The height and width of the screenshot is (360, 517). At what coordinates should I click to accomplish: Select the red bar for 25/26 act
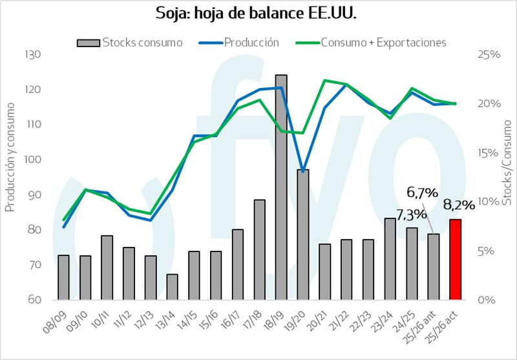click(x=455, y=260)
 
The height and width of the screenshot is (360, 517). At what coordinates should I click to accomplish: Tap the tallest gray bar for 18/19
click(x=281, y=187)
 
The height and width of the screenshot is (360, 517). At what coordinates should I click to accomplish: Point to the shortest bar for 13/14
click(x=172, y=287)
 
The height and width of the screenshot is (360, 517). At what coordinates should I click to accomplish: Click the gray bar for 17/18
click(x=259, y=249)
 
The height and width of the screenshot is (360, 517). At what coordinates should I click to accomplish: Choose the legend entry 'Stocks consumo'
click(x=129, y=43)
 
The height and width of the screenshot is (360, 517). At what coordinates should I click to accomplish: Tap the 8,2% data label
click(x=459, y=205)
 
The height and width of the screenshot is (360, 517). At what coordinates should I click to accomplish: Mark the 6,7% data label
click(x=422, y=192)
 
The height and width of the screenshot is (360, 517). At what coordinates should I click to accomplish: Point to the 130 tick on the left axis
click(x=32, y=54)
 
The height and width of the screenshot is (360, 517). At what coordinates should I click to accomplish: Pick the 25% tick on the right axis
click(x=490, y=55)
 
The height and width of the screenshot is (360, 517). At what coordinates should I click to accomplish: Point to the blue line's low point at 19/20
click(x=303, y=171)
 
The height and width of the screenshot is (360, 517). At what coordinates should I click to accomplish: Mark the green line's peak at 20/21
click(x=325, y=80)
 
